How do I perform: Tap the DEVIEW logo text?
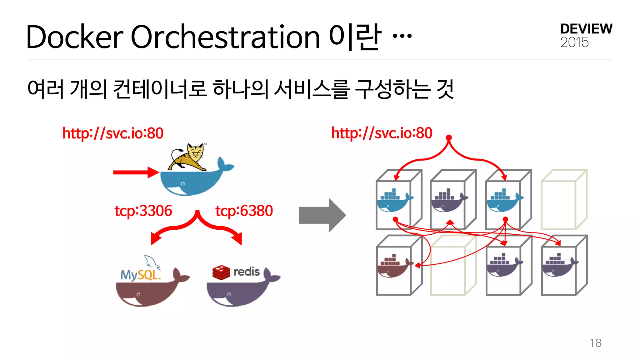click(x=586, y=29)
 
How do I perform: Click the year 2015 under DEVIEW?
click(x=574, y=42)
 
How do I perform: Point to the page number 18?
click(x=595, y=343)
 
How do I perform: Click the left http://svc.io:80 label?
click(x=113, y=133)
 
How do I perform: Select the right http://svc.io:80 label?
click(x=382, y=133)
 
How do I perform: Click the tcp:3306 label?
click(x=143, y=211)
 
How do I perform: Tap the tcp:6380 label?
click(x=244, y=211)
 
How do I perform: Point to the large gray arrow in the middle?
click(x=322, y=215)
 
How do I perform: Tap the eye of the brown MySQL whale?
click(x=138, y=294)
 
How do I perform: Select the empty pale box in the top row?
click(x=564, y=200)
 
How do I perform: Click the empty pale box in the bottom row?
click(x=453, y=266)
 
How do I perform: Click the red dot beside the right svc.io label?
click(x=449, y=137)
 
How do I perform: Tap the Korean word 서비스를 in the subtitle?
click(x=311, y=89)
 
